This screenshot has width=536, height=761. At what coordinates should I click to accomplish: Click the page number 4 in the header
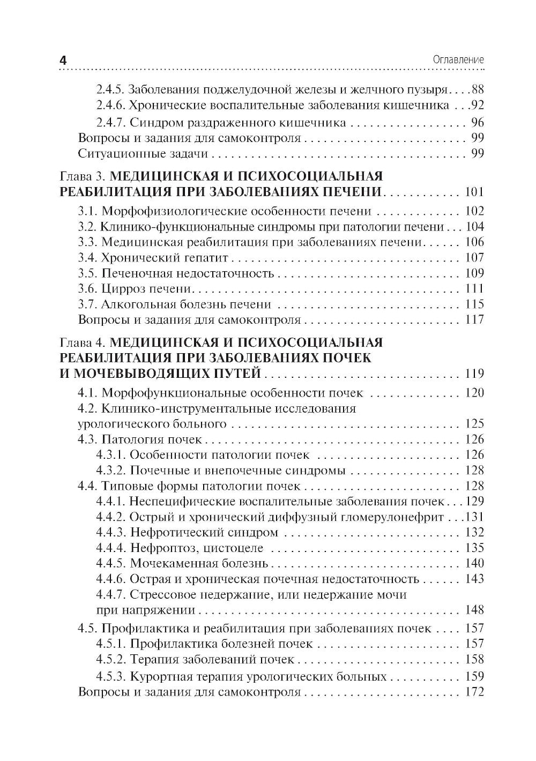click(63, 61)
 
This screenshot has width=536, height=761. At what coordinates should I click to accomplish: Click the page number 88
click(477, 89)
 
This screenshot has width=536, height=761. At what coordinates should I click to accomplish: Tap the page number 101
click(474, 192)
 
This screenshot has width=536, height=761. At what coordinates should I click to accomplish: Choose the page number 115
click(474, 304)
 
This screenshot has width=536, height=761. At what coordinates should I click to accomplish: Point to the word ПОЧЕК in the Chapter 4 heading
click(350, 357)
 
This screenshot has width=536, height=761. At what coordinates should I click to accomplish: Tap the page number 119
click(474, 373)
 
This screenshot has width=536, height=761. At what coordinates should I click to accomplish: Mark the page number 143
click(474, 579)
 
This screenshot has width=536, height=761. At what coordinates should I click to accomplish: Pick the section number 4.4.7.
click(111, 594)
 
